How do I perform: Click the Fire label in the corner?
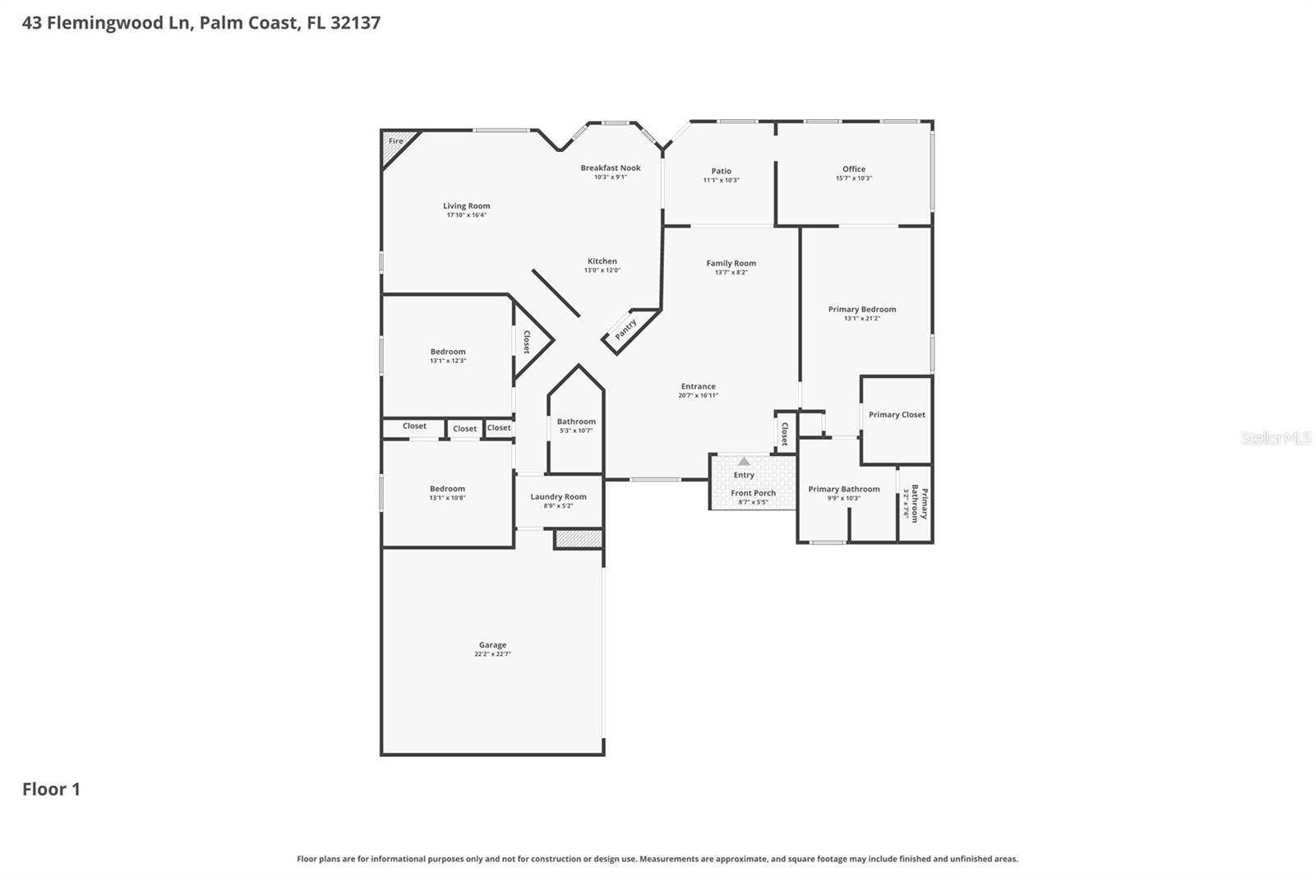tap(396, 141)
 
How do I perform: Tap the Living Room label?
tap(466, 206)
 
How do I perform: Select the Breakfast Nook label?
tap(610, 168)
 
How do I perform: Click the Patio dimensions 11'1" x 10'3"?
tap(721, 180)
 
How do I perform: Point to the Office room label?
tap(853, 168)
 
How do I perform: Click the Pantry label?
tap(626, 330)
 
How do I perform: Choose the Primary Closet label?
tap(897, 414)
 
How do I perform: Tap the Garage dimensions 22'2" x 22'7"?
tap(492, 654)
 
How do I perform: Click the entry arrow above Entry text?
tap(744, 461)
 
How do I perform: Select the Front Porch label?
tap(753, 493)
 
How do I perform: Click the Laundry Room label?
tap(558, 496)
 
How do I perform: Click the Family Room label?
tap(731, 263)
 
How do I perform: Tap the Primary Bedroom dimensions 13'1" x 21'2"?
tap(861, 318)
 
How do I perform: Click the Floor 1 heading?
tap(51, 789)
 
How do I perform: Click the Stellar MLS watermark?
tap(1276, 438)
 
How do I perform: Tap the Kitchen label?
tap(602, 261)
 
